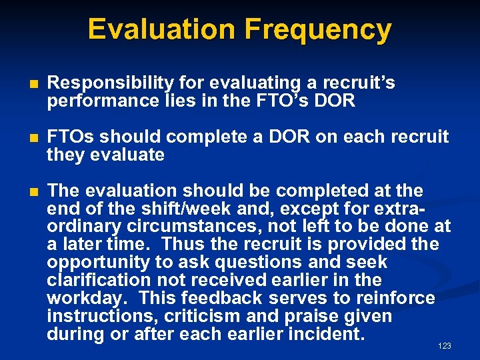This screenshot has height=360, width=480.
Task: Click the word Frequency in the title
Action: pos(318,30)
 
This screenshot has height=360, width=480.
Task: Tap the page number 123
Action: pos(445,345)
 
